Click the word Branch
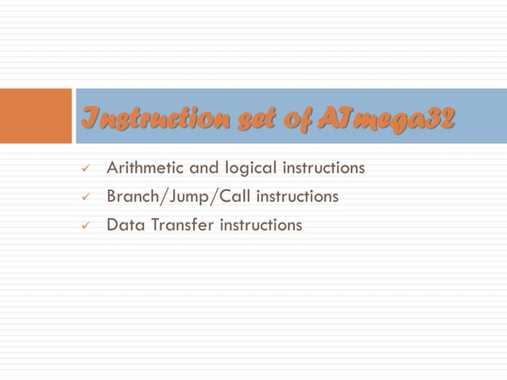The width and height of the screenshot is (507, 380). point(132,196)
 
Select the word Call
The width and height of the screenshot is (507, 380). point(229,196)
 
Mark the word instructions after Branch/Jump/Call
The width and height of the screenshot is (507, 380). point(296,196)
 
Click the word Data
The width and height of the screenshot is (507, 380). point(123,225)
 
